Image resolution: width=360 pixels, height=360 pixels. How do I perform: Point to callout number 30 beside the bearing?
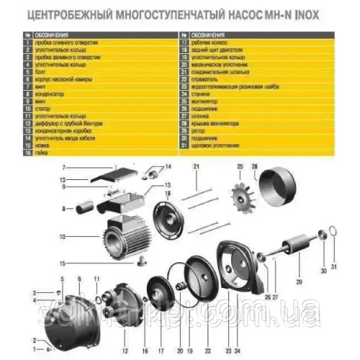pyautogui.click(x=323, y=271)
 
